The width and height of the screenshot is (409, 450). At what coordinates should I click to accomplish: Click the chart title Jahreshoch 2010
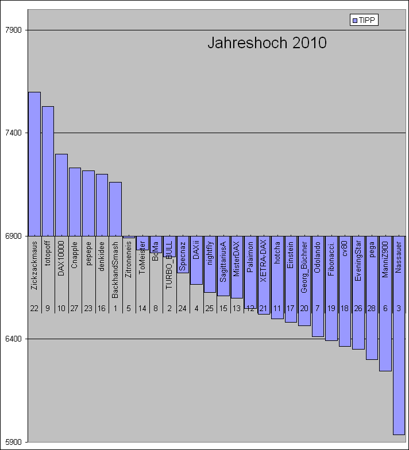coord(267,43)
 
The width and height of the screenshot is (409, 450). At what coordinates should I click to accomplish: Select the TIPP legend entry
coord(364,20)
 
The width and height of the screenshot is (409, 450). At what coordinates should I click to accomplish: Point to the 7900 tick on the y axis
coord(13,30)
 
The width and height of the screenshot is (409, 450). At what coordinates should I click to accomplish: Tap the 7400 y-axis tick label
coord(13,133)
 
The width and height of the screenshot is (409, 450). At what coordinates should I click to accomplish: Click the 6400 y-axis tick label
coord(13,339)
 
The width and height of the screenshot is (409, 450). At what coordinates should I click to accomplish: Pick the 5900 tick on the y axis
coord(13,442)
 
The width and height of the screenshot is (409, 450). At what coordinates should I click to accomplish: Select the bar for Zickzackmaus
coord(34,164)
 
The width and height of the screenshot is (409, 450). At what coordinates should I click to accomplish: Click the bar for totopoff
coord(48,170)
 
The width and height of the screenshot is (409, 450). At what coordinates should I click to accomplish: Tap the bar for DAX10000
coord(61,195)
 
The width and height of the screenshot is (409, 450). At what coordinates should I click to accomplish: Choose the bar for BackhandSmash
coord(115,208)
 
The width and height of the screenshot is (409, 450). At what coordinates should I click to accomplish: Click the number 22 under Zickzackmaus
coord(34,308)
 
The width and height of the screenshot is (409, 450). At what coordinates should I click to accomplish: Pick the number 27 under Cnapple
coord(75,308)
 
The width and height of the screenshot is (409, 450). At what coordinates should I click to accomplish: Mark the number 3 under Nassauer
coord(399,308)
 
